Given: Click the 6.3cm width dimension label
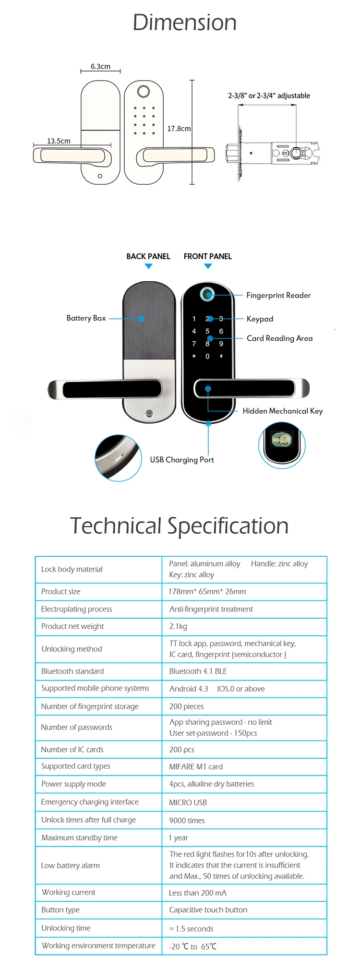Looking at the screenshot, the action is [100, 67].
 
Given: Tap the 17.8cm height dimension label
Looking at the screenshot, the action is [179, 129].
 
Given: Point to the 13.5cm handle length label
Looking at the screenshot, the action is [59, 141].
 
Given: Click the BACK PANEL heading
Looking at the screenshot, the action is [148, 256].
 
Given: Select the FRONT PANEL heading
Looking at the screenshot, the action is [207, 256].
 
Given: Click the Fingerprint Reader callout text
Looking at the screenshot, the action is [278, 295].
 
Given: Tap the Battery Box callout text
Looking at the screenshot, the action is [86, 318].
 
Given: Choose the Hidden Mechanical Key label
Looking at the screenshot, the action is [282, 411].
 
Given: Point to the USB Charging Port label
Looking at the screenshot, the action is [182, 460].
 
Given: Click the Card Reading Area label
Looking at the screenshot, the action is [279, 338].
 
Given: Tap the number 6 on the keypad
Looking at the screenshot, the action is [221, 331].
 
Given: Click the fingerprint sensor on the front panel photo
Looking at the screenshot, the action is [207, 294].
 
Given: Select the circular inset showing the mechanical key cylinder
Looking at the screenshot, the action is [282, 445].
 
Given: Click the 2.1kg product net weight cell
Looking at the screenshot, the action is [178, 626].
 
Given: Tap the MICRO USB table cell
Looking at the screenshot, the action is [188, 802].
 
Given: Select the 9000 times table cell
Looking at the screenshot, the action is [187, 820].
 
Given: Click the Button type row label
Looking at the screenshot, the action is [60, 909].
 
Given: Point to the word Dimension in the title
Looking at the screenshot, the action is [184, 23].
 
